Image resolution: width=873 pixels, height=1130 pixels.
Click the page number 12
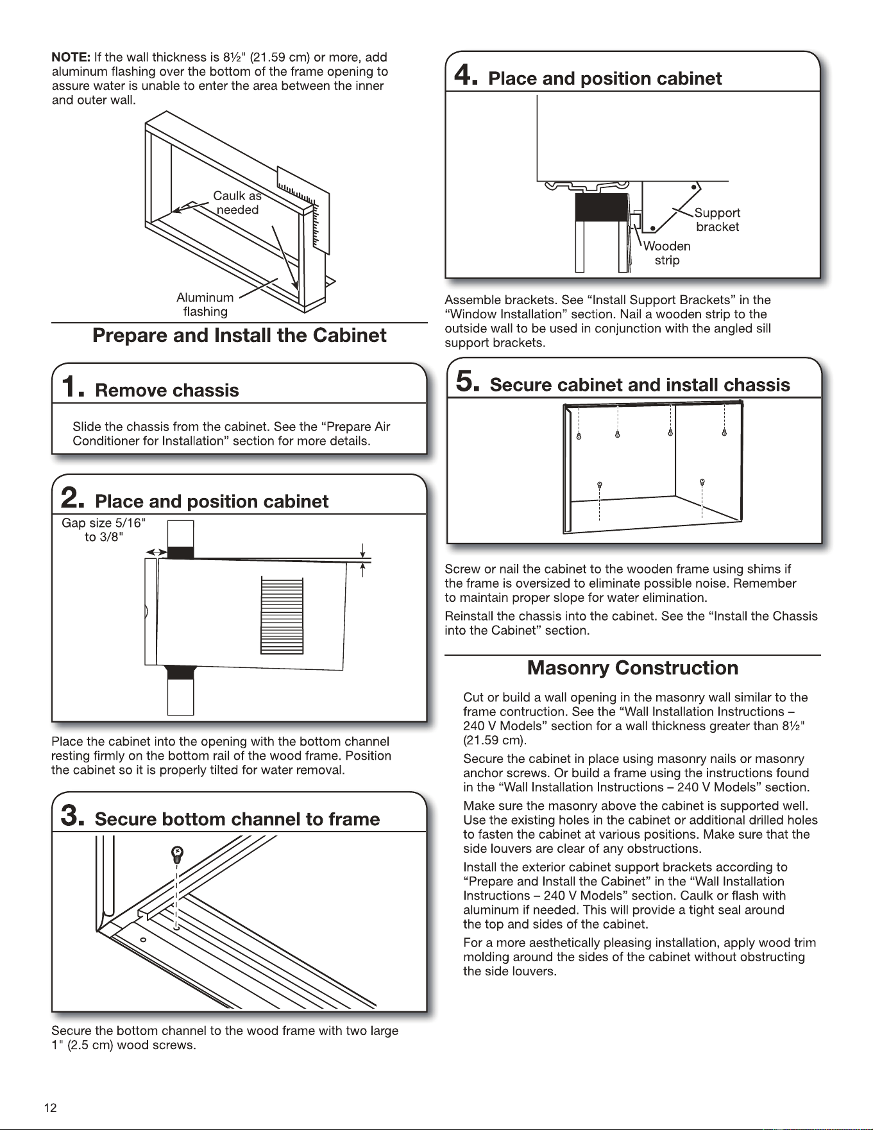point(50,1108)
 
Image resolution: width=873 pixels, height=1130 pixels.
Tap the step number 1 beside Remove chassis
point(71,387)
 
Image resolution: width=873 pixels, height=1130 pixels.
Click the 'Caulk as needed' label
point(237,203)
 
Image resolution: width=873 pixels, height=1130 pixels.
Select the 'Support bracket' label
point(717,219)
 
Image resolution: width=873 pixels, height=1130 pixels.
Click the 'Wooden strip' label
point(667,253)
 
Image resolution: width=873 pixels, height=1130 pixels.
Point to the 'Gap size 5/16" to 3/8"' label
point(103,530)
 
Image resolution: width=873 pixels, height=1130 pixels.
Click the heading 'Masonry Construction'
point(632,668)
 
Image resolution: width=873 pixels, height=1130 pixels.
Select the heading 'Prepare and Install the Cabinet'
point(239,335)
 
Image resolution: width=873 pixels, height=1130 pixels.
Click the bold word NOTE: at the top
point(71,57)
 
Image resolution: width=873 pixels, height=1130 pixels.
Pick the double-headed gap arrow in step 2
point(156,552)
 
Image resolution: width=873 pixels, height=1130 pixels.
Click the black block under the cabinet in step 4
point(602,207)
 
